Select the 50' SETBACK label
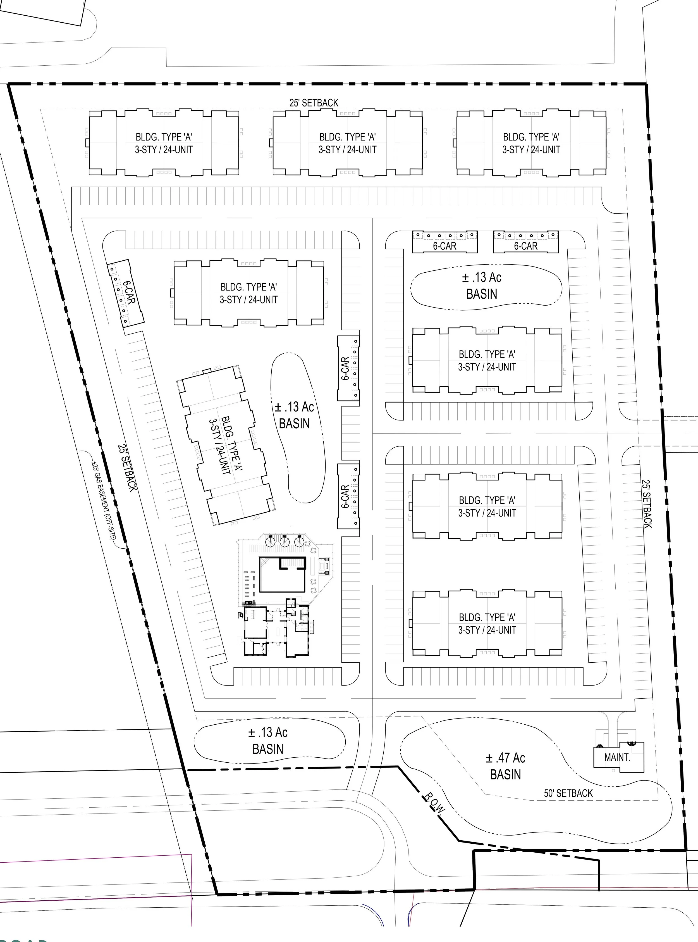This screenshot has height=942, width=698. [x=568, y=793]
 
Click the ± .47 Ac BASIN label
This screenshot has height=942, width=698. [x=505, y=766]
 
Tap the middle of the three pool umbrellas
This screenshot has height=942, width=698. [x=284, y=541]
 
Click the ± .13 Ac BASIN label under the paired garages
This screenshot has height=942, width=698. [x=482, y=286]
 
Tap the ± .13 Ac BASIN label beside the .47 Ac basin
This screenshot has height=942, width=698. [x=268, y=740]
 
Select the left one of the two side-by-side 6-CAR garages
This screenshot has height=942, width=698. [x=445, y=242]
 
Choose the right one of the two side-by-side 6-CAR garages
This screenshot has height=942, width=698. [x=526, y=242]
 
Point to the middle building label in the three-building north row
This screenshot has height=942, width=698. [x=347, y=143]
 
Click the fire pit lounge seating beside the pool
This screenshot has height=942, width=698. [x=324, y=566]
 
